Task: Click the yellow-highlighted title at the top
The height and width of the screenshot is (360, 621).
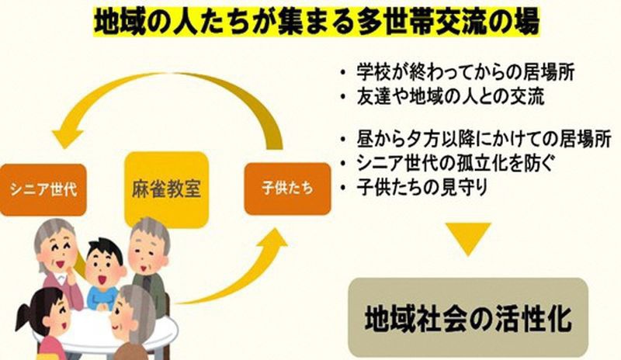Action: pyautogui.click(x=317, y=22)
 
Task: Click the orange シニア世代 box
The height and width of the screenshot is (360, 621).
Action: pyautogui.click(x=43, y=190)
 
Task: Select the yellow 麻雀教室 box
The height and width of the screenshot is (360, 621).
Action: pyautogui.click(x=166, y=189)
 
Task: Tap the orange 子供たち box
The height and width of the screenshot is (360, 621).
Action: pyautogui.click(x=287, y=189)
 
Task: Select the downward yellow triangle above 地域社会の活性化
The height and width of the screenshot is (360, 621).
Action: pyautogui.click(x=468, y=238)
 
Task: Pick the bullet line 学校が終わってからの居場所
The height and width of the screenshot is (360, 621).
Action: pyautogui.click(x=457, y=72)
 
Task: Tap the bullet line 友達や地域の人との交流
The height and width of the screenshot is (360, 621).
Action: pyautogui.click(x=442, y=97)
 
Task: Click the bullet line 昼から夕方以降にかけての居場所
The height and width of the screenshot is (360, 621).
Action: pyautogui.click(x=475, y=139)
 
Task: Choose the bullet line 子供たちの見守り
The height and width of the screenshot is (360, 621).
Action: pyautogui.click(x=414, y=187)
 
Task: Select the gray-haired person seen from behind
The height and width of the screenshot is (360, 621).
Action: pyautogui.click(x=130, y=321)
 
